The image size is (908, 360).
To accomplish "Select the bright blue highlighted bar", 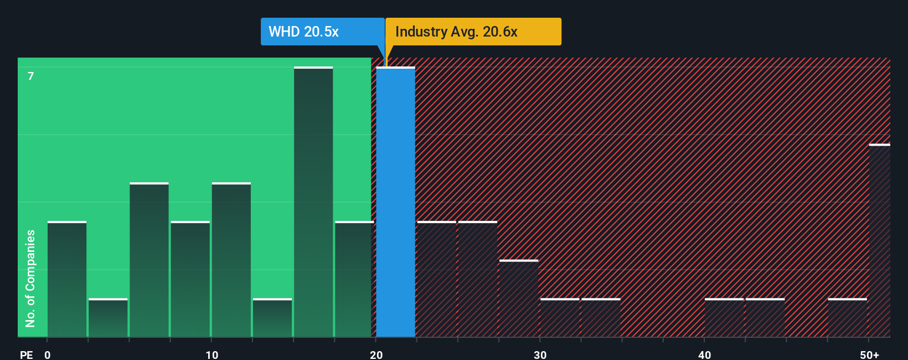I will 395,202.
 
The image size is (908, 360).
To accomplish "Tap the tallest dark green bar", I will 313,202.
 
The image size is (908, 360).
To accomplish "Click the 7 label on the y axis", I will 31,76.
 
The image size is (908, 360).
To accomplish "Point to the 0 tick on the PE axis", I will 48,354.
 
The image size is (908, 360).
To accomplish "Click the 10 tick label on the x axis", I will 211,354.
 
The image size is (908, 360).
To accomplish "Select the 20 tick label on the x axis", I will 376,354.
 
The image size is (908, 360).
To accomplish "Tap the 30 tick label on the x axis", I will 540,354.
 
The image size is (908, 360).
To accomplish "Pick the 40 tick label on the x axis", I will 704,354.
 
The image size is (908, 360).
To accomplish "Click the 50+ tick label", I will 869,354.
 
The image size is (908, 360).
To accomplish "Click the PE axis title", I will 26,354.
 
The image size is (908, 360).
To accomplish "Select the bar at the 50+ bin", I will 879,241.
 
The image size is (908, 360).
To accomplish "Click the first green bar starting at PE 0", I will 67,280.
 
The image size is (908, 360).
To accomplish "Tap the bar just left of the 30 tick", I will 519,299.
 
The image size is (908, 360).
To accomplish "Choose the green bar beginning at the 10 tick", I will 231,260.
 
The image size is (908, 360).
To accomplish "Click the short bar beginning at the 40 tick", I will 724,318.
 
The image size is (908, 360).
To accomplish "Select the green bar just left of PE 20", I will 354,280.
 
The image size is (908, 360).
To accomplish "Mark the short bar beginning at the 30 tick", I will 560,318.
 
